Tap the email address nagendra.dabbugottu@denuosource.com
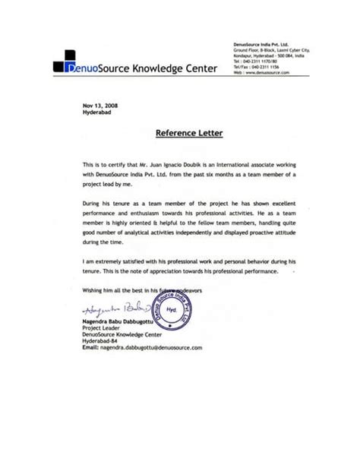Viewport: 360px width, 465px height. tap(142, 347)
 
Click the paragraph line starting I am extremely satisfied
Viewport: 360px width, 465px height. tap(189, 259)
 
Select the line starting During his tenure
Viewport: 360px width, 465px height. tap(189, 204)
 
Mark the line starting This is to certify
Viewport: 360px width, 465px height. tap(189, 164)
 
